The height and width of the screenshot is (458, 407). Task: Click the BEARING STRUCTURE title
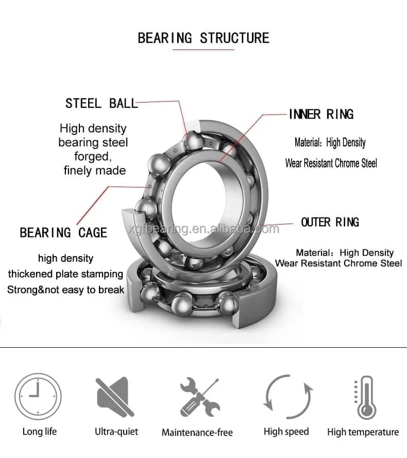pos(203,38)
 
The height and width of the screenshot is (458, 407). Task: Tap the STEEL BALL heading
pos(101,103)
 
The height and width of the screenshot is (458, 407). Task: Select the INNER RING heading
pos(321,114)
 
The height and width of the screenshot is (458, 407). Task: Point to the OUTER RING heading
pos(330,222)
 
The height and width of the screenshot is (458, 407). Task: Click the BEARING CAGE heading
pos(63,233)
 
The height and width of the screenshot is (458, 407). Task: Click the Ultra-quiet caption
pos(116,431)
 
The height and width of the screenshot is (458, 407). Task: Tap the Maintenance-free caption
pos(197,432)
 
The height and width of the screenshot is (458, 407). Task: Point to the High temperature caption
pos(363,432)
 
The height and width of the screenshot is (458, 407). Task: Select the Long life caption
pos(40,431)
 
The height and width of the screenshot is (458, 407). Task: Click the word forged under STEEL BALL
pos(93,156)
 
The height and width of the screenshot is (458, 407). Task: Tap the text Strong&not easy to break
pos(65,290)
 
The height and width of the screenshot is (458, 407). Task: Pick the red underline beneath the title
pos(203,50)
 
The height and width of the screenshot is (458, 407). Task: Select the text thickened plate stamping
pos(65,274)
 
